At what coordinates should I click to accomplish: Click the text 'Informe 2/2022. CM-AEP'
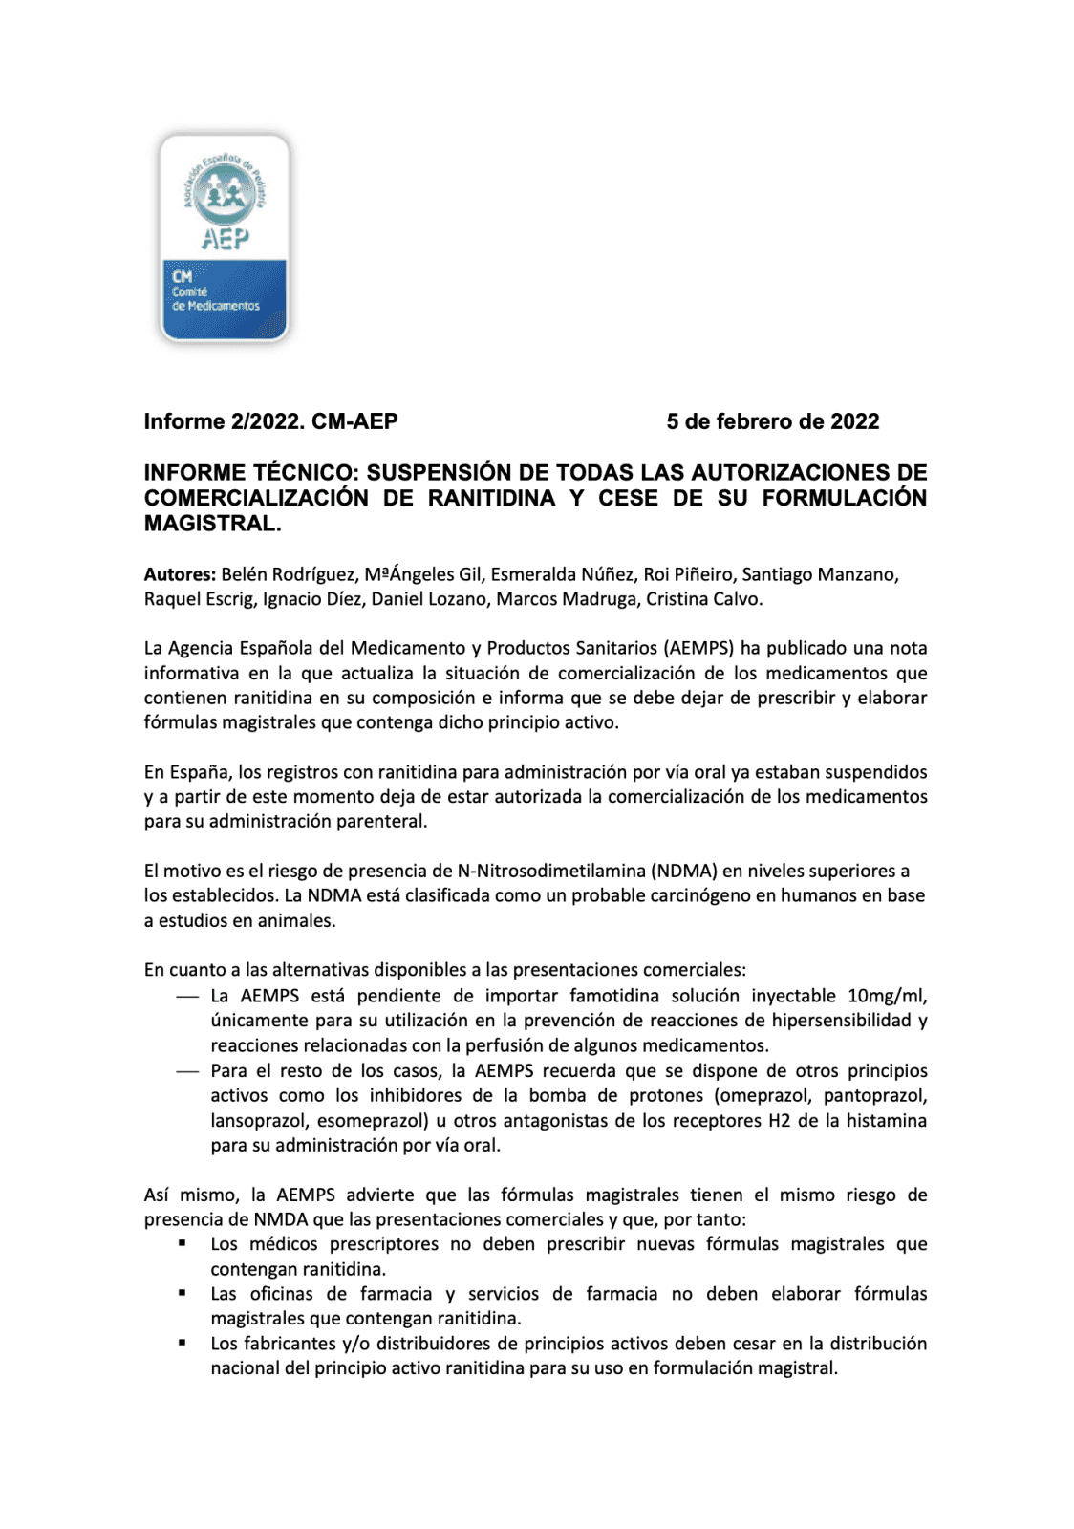tap(270, 421)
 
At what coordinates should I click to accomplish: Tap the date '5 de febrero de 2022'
tap(772, 421)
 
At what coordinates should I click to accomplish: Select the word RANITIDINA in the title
tap(491, 498)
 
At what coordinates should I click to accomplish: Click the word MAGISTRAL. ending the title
tap(212, 524)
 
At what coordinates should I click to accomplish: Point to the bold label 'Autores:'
tap(180, 574)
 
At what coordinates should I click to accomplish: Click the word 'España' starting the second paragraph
tap(199, 772)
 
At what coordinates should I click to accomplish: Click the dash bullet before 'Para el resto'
tap(187, 1071)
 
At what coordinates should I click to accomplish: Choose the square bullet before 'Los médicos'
tap(182, 1243)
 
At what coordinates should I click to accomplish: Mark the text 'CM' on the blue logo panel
tap(183, 276)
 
